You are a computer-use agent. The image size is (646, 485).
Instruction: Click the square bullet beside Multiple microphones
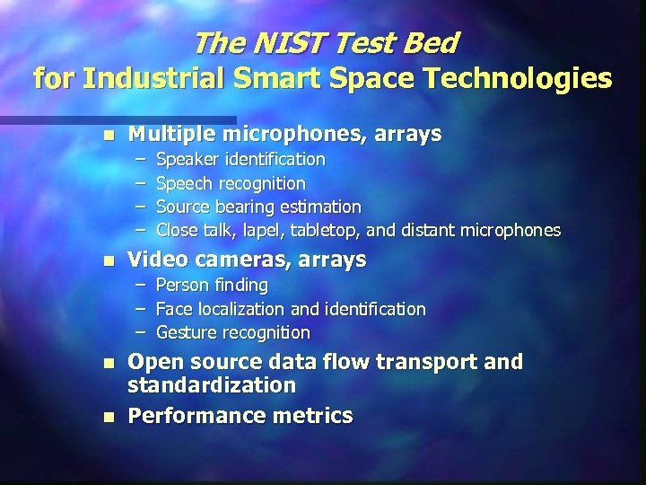[x=109, y=136]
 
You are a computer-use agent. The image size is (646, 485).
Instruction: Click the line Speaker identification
[x=240, y=160]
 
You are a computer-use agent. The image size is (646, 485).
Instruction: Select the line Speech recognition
[x=231, y=183]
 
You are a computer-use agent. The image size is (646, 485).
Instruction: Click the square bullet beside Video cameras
[x=109, y=261]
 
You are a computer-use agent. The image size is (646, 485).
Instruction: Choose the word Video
[x=155, y=260]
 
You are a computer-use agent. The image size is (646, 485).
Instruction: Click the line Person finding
[x=212, y=286]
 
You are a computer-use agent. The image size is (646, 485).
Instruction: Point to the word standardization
[x=212, y=385]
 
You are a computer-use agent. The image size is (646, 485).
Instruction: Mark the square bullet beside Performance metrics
[x=109, y=417]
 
